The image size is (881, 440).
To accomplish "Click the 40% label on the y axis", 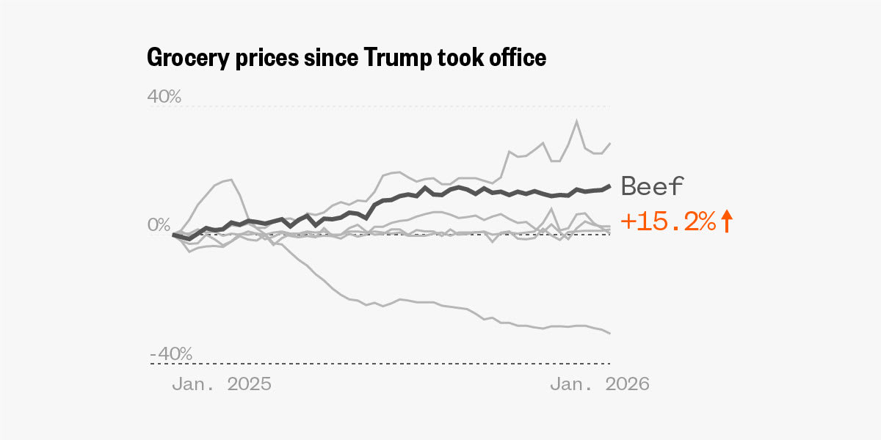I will point(165,96).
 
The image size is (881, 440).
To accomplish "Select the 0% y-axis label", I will point(159,224).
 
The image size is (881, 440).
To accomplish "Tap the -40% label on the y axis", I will point(171,353).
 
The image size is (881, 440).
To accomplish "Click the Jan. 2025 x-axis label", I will point(222,384).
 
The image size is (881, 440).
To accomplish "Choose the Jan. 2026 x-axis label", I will point(600,384).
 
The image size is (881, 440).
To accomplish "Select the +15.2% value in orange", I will point(668,221).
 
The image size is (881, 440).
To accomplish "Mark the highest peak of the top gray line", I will point(577,121).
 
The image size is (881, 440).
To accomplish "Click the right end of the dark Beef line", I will point(610,186).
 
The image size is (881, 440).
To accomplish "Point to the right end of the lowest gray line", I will point(610,334).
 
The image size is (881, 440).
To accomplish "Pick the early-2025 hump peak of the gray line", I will point(231,179).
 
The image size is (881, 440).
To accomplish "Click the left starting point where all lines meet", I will point(173,235).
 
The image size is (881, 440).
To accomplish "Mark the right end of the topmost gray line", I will point(610,143).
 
